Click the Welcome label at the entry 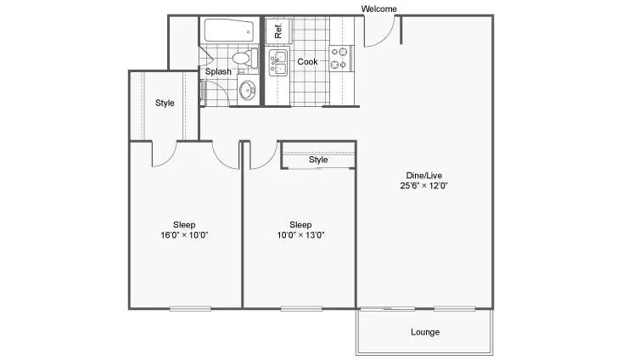pyautogui.click(x=378, y=8)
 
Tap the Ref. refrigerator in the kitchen pyautogui.click(x=278, y=31)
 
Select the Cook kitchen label pyautogui.click(x=307, y=62)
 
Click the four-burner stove pyautogui.click(x=340, y=58)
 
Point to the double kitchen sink pyautogui.click(x=278, y=63)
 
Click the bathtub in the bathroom pyautogui.click(x=228, y=31)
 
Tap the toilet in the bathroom pyautogui.click(x=244, y=58)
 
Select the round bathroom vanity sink pyautogui.click(x=247, y=90)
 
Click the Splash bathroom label pyautogui.click(x=218, y=72)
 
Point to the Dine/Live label pyautogui.click(x=423, y=175)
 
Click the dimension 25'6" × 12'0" pyautogui.click(x=423, y=185)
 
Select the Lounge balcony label pyautogui.click(x=425, y=332)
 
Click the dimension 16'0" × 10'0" pyautogui.click(x=184, y=235)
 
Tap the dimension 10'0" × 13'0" pyautogui.click(x=300, y=235)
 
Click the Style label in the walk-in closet pyautogui.click(x=165, y=103)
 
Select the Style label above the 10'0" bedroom pyautogui.click(x=318, y=160)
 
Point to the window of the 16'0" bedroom pyautogui.click(x=190, y=308)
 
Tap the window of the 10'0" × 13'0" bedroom pyautogui.click(x=301, y=308)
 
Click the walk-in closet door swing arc pyautogui.click(x=170, y=160)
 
